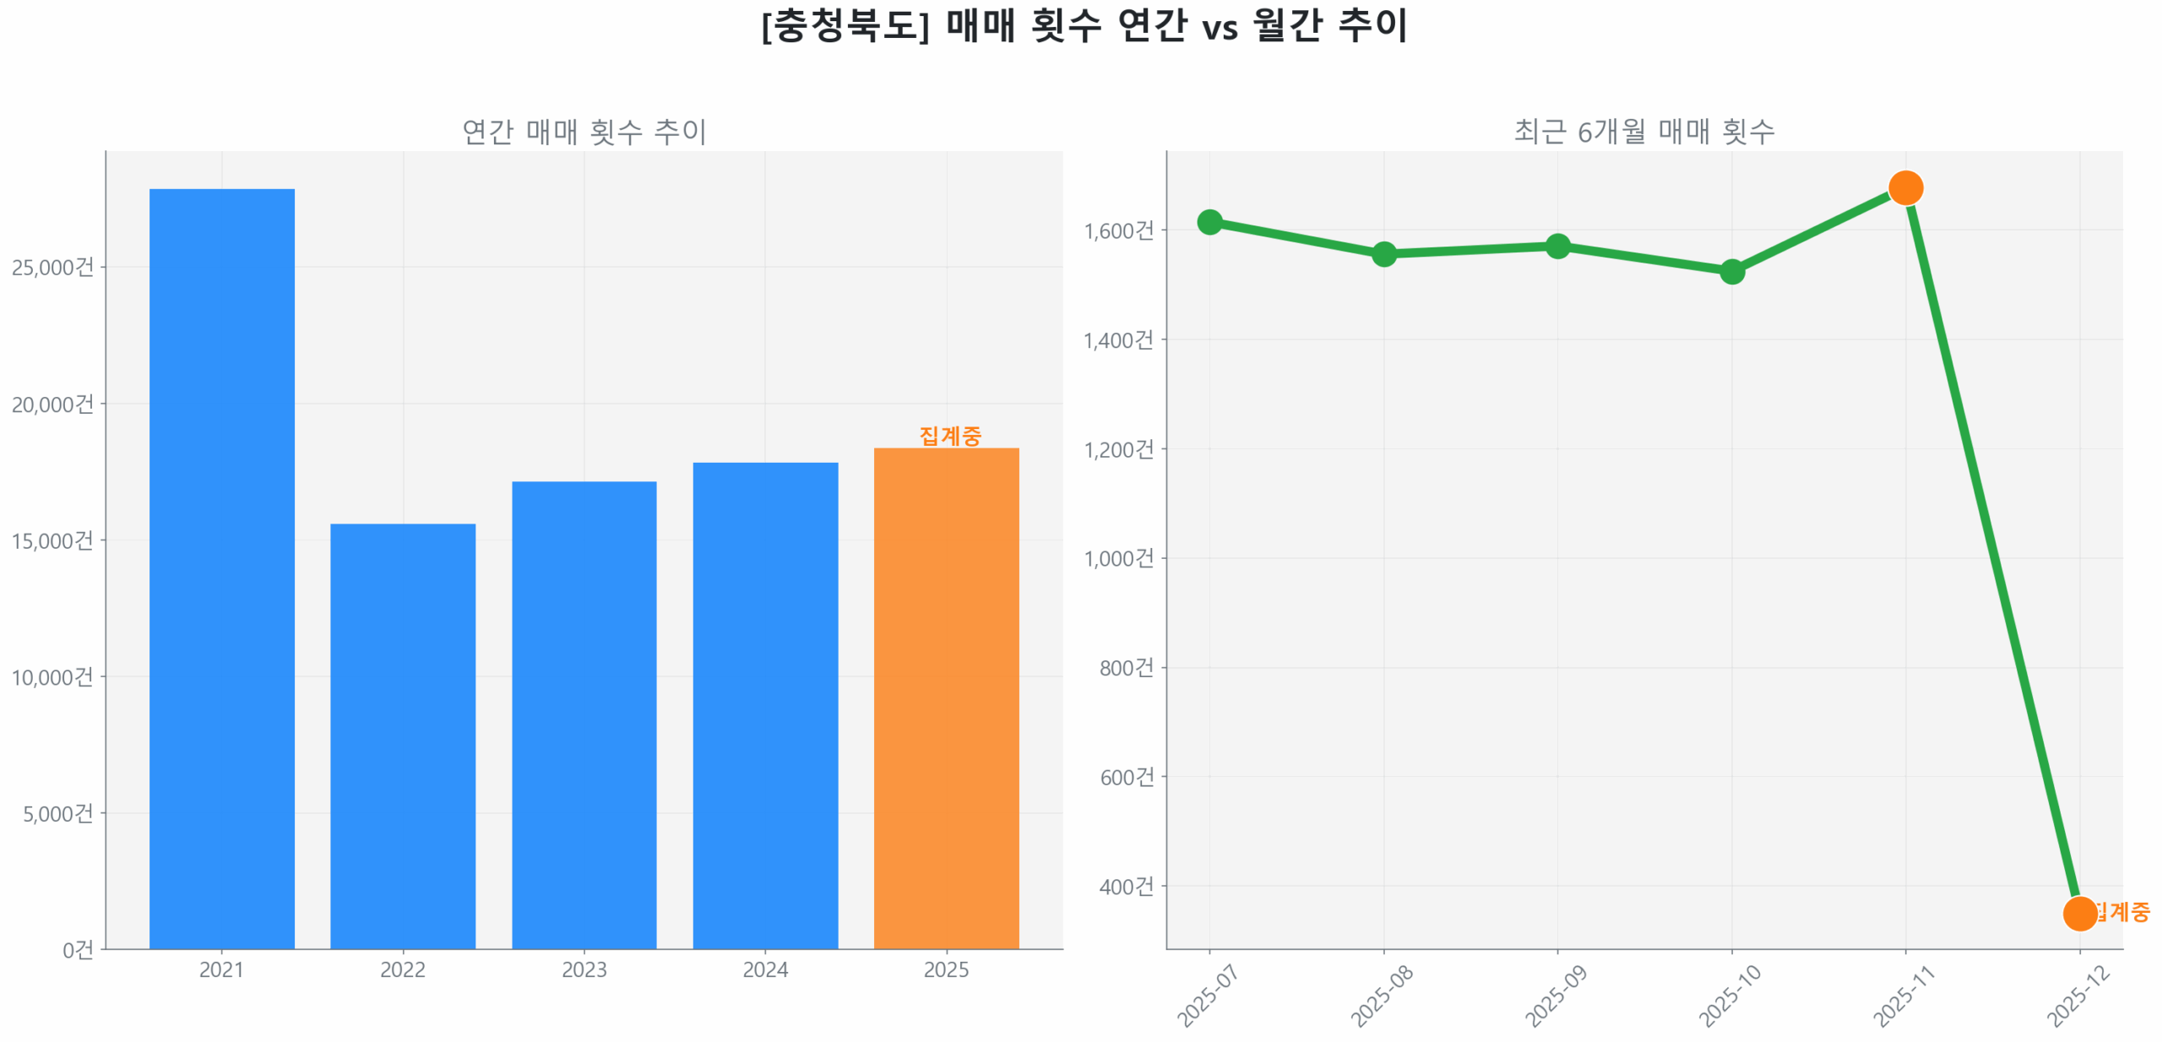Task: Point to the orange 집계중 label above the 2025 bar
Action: (949, 435)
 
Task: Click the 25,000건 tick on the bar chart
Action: (52, 267)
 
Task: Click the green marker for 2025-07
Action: (1209, 221)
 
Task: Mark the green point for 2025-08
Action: (1382, 253)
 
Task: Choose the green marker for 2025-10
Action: (1730, 271)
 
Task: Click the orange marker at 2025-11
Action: (1904, 187)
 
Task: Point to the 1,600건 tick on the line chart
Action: (1117, 230)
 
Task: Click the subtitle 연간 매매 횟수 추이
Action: (584, 131)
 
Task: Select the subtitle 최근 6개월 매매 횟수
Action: (1643, 131)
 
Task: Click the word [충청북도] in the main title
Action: (845, 25)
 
